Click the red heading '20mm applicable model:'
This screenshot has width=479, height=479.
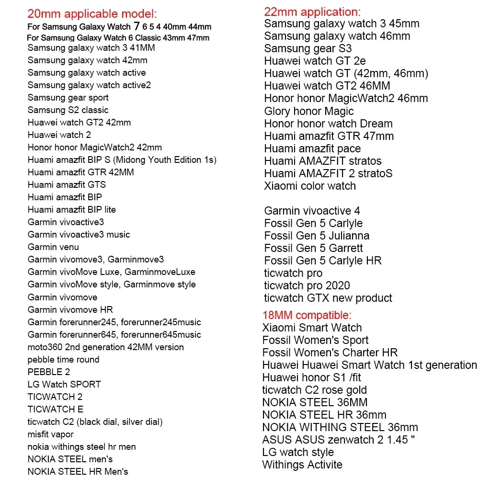(x=92, y=14)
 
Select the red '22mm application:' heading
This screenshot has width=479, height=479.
(x=312, y=12)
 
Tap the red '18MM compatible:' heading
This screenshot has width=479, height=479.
(x=307, y=315)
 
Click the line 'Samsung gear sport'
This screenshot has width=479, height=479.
(x=68, y=98)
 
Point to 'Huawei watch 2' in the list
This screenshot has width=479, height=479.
(x=59, y=135)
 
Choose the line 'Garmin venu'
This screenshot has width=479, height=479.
(x=53, y=247)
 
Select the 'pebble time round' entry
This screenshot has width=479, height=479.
(x=63, y=360)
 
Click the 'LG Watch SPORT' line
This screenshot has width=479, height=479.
(x=64, y=385)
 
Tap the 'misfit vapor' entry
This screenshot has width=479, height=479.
(x=50, y=434)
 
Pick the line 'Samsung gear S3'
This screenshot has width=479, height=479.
(x=308, y=48)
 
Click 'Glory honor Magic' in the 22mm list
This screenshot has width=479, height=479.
(x=309, y=111)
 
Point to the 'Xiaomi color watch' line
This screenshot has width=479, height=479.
(x=310, y=186)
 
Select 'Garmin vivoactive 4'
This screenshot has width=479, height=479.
(x=312, y=211)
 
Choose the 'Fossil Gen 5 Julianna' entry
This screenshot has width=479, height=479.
(x=317, y=236)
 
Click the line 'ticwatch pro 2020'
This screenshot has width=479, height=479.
(x=307, y=285)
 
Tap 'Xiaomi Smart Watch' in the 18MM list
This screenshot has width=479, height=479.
(x=312, y=328)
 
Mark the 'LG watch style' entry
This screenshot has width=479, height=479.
(x=298, y=453)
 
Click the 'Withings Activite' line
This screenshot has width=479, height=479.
(x=302, y=465)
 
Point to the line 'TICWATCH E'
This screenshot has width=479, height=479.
(x=56, y=410)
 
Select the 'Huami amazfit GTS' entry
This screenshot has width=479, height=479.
(x=67, y=185)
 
